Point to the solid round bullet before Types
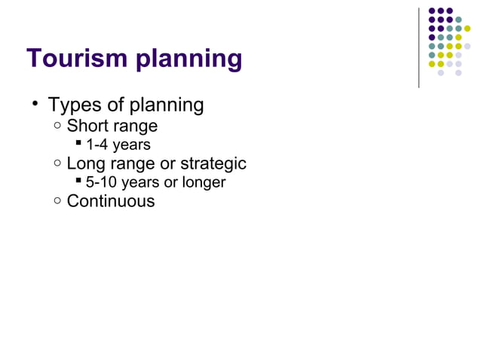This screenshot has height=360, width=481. click(35, 104)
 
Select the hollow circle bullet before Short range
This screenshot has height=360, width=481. click(58, 124)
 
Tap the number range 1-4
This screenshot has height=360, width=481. click(97, 145)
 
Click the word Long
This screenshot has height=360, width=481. click(85, 163)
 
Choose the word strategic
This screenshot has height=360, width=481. click(214, 163)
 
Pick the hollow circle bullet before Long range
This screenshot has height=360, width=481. click(58, 162)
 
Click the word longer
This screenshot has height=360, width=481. click(204, 183)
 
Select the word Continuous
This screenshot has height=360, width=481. click(111, 201)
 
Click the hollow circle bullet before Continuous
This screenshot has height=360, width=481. click(58, 200)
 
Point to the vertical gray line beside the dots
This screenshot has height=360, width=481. click(418, 47)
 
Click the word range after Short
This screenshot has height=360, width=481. click(135, 126)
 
